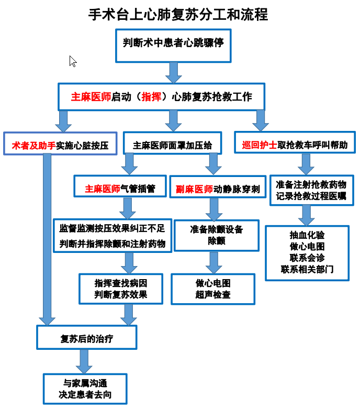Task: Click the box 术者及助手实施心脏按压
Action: click(x=60, y=145)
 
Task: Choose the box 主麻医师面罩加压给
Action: click(x=173, y=145)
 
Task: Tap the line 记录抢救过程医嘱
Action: click(x=311, y=196)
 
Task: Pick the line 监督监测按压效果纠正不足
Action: click(x=113, y=228)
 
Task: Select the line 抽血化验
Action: click(x=307, y=236)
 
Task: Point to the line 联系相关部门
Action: click(x=307, y=270)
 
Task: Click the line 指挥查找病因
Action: click(x=121, y=283)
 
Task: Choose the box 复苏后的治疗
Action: click(x=86, y=338)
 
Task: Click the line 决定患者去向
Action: click(x=85, y=394)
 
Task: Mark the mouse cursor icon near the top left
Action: click(x=73, y=61)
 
